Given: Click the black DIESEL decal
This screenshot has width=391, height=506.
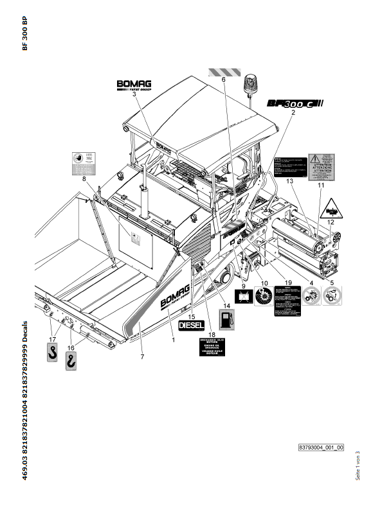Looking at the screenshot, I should tap(191, 325).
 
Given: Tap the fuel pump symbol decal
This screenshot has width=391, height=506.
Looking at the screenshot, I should tap(226, 317).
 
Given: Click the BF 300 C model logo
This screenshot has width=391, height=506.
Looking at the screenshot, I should tap(294, 103).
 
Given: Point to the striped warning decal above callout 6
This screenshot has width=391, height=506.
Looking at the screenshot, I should tap(224, 71).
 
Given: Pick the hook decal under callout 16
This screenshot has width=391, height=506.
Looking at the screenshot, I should tap(70, 365).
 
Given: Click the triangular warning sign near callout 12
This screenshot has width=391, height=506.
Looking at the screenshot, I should tap(330, 207).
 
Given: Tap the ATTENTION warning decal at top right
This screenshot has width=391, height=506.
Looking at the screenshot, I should tap(321, 166).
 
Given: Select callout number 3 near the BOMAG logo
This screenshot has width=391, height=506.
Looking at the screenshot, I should tap(134, 94).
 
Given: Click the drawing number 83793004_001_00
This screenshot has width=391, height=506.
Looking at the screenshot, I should tap(321, 447).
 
